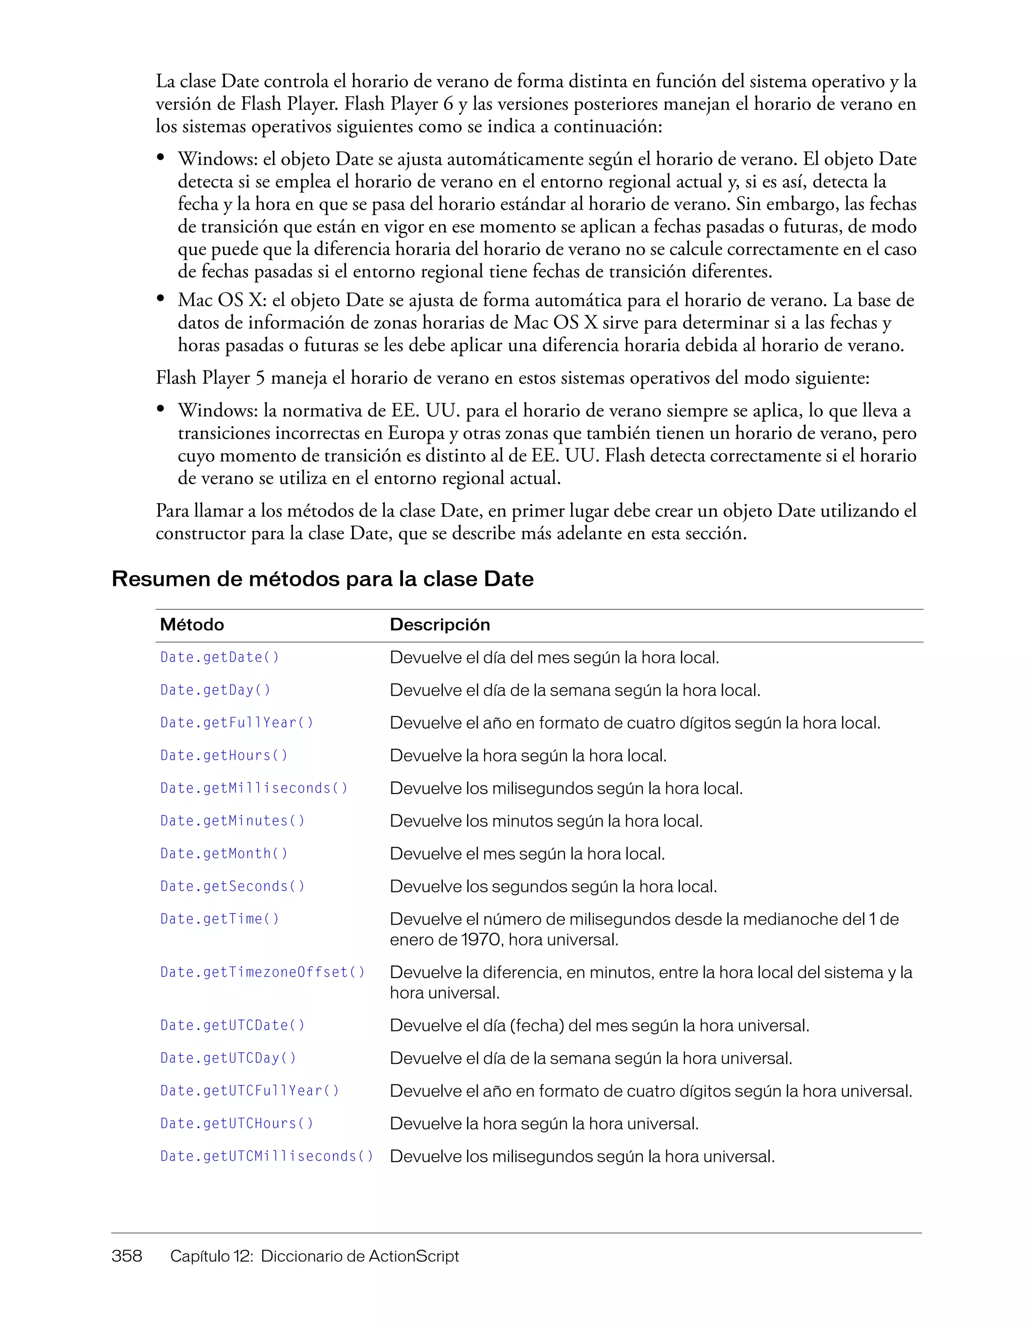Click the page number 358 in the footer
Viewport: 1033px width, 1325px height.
point(127,1256)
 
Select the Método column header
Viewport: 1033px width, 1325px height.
point(192,625)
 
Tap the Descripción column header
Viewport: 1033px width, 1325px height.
point(439,625)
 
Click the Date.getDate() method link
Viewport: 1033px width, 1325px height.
point(220,657)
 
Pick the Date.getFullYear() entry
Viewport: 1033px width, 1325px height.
point(237,723)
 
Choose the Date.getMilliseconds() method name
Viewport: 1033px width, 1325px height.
point(254,789)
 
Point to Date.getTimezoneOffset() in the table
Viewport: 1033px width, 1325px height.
point(262,973)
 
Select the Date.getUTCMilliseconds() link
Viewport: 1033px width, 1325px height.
point(266,1156)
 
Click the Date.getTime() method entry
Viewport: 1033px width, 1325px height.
point(220,919)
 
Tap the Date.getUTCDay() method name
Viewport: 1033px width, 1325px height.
point(228,1058)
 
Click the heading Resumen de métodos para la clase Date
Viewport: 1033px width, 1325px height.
point(322,579)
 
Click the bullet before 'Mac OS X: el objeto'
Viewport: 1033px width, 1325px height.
point(161,298)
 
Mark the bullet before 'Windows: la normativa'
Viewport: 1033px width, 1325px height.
point(161,409)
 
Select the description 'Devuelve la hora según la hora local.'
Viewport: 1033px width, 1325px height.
point(528,756)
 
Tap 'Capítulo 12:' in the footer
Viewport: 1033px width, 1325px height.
point(211,1256)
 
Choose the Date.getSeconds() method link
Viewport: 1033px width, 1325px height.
point(233,886)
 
